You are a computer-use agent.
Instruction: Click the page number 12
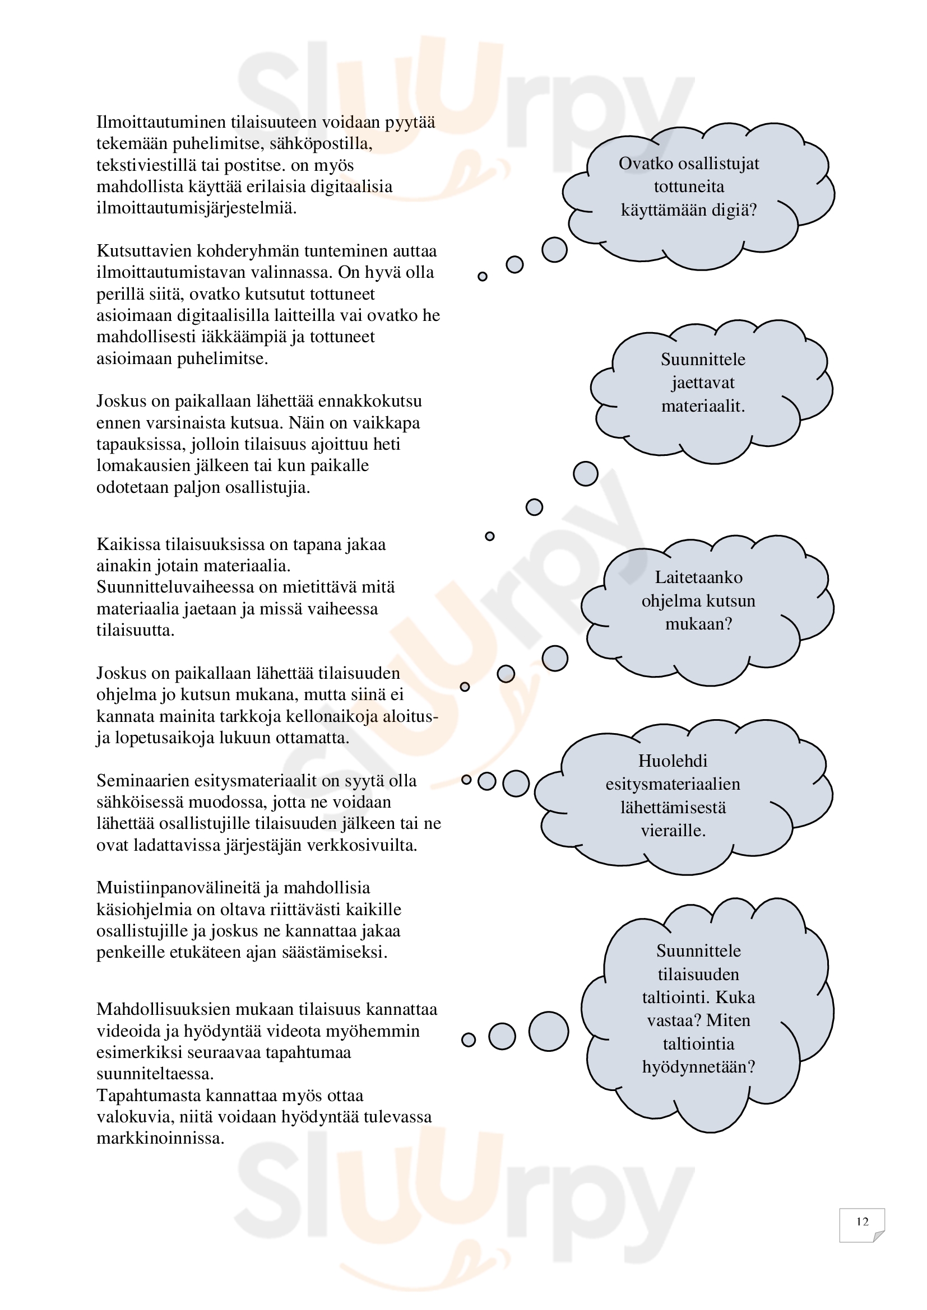tap(862, 1222)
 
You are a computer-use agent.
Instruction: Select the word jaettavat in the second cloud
tap(703, 383)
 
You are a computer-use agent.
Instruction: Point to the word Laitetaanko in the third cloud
tap(698, 577)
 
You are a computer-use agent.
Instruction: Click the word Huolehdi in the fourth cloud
tap(673, 761)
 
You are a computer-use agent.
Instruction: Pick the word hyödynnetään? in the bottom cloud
tap(698, 1066)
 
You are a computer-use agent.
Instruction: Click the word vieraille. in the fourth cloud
tap(673, 830)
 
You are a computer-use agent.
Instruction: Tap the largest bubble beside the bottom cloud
tap(549, 1032)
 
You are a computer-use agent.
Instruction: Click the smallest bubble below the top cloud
tap(483, 277)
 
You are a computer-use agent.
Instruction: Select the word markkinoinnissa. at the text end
tap(160, 1138)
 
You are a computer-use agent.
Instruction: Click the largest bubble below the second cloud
tap(585, 474)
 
